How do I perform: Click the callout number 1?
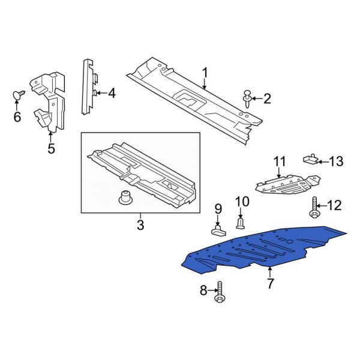[205, 74]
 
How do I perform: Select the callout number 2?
[268, 98]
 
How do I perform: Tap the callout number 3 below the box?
[140, 225]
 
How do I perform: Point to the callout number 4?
[112, 93]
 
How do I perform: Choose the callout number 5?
[51, 148]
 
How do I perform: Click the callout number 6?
[17, 116]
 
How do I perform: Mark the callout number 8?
[203, 291]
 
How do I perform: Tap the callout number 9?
[218, 209]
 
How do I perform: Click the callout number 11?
[280, 161]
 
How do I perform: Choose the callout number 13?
[336, 161]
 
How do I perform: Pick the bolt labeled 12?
[315, 206]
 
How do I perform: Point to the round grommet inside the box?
[125, 197]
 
